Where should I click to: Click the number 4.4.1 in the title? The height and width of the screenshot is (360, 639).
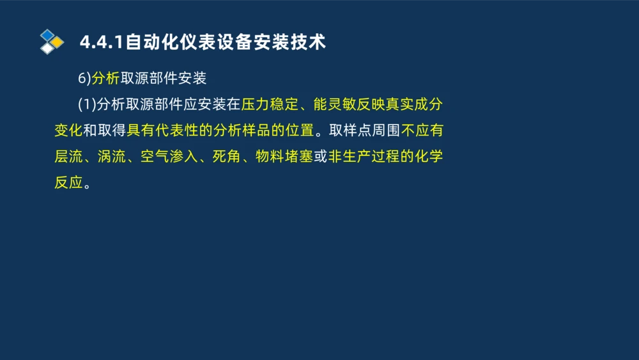(x=102, y=42)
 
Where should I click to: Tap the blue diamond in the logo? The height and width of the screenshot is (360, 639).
(x=47, y=35)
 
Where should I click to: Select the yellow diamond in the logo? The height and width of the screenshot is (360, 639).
(x=57, y=42)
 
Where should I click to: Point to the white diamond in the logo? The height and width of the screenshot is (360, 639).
(x=47, y=48)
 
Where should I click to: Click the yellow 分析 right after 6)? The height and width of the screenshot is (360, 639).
(x=105, y=78)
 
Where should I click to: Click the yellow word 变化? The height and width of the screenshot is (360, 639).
(x=68, y=131)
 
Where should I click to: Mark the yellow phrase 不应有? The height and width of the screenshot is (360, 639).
(x=422, y=131)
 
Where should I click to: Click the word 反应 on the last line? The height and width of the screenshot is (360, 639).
(x=68, y=184)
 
